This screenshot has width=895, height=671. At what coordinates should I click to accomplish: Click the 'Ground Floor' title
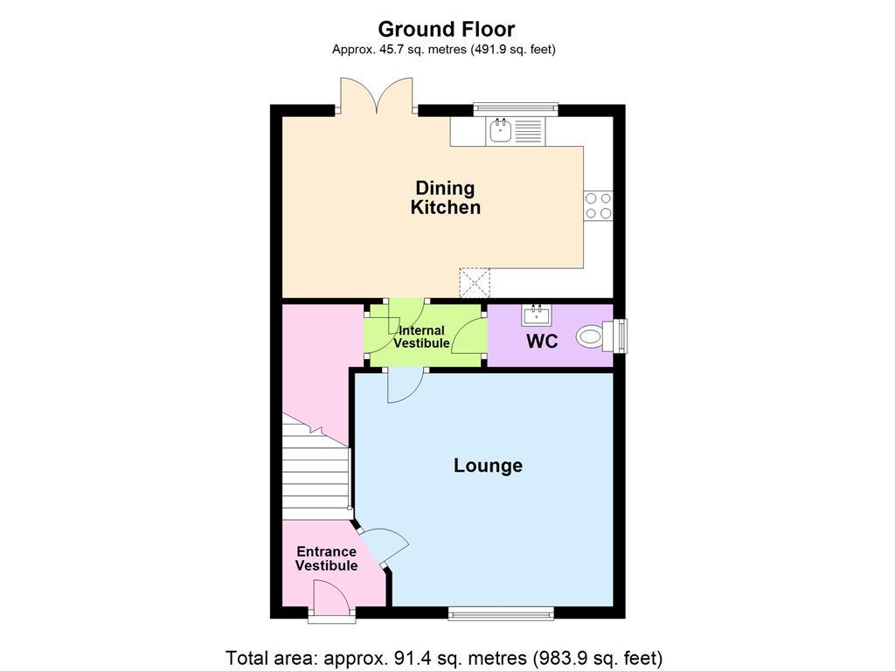(x=447, y=29)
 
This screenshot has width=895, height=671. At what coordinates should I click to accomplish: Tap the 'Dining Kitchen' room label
(x=446, y=197)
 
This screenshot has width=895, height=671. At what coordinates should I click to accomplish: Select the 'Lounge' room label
(x=488, y=466)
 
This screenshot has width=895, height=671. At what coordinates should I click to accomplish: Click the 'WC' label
(x=541, y=342)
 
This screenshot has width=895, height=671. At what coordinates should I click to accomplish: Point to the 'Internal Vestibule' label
(x=421, y=337)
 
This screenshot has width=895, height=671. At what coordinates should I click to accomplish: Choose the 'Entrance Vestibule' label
(x=326, y=558)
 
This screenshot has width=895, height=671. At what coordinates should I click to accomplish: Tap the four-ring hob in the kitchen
(x=598, y=205)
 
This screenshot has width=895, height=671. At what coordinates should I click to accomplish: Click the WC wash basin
(x=535, y=313)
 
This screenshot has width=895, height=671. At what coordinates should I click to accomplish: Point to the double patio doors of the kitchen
(x=377, y=96)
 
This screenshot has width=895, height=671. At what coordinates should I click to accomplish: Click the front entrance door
(x=332, y=603)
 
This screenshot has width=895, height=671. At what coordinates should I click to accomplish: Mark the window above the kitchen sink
(x=516, y=108)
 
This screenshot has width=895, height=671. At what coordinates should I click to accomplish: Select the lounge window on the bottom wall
(x=501, y=613)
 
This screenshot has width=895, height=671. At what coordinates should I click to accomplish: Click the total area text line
(x=444, y=657)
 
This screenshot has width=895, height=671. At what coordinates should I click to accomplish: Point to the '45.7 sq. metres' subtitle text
(x=444, y=50)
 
